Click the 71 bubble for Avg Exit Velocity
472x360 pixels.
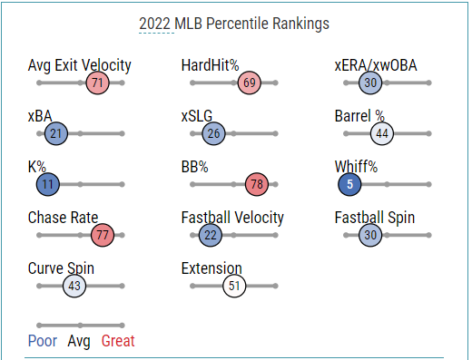97,83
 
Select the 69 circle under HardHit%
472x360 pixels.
250,83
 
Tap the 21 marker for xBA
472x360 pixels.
56,133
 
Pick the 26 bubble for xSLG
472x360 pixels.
213,133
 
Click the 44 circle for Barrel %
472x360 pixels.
382,133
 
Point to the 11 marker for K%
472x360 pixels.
48,184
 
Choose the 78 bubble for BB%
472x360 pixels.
257,184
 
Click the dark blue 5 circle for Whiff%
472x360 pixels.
349,184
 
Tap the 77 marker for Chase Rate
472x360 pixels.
103,235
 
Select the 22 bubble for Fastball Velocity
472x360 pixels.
211,235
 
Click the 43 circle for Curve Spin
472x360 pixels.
74,286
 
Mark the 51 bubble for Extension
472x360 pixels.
234,286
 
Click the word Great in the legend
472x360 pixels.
118,341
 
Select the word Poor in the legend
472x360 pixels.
43,341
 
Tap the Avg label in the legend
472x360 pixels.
79,342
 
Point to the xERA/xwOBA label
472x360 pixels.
376,65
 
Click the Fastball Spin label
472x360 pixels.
375,218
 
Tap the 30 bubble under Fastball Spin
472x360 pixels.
370,235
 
